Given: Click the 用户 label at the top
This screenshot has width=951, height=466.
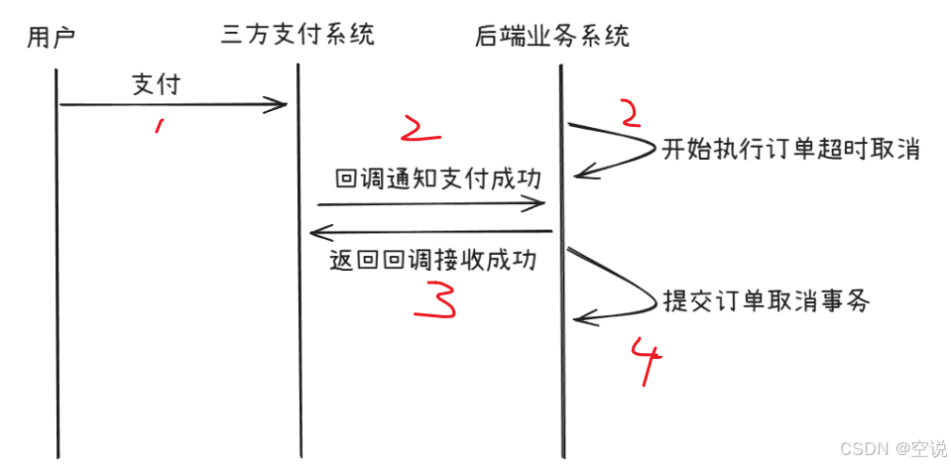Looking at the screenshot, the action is click(x=51, y=38).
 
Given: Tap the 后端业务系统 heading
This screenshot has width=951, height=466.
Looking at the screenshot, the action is click(x=552, y=38).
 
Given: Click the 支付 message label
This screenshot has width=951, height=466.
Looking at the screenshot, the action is click(x=156, y=84).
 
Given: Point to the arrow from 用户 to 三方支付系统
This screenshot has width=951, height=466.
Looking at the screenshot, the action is click(x=173, y=104).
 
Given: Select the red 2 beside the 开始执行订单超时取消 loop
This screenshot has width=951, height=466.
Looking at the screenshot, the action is click(x=628, y=112).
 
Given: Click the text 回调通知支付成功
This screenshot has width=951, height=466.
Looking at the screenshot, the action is click(x=437, y=178).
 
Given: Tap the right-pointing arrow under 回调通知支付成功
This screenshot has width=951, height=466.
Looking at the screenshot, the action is click(x=431, y=203).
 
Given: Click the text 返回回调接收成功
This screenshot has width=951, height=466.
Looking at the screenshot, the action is click(x=432, y=261).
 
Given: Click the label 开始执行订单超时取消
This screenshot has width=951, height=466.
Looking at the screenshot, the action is click(x=791, y=150).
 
